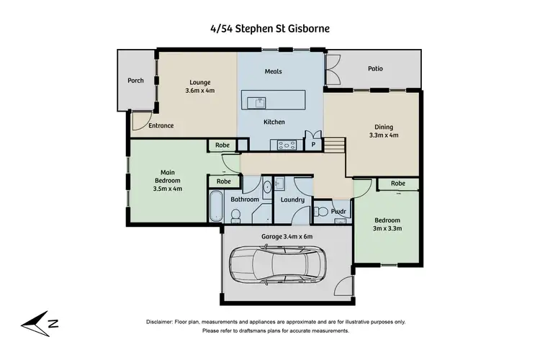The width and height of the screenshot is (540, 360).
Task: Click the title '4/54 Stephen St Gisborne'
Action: coord(269,29)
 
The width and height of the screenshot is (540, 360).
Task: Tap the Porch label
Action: coord(136,80)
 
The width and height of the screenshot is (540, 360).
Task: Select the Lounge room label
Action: coord(199,83)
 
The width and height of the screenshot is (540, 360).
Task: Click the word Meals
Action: coord(272,72)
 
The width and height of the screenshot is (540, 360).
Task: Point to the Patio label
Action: coord(376,69)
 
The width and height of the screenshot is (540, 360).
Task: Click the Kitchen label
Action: coord(275,122)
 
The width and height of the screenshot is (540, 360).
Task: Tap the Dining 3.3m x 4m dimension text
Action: coord(383,135)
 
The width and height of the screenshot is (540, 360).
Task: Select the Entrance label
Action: coord(161,126)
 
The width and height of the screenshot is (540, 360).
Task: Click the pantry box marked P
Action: coord(312,144)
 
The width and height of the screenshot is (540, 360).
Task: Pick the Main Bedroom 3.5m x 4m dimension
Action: coord(168,189)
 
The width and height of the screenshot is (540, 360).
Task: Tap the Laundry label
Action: coord(292,199)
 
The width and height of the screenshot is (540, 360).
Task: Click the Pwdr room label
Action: coord(338,211)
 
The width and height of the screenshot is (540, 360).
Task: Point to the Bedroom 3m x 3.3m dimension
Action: coord(387,228)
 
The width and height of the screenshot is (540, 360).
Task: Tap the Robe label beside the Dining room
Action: coord(398,184)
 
